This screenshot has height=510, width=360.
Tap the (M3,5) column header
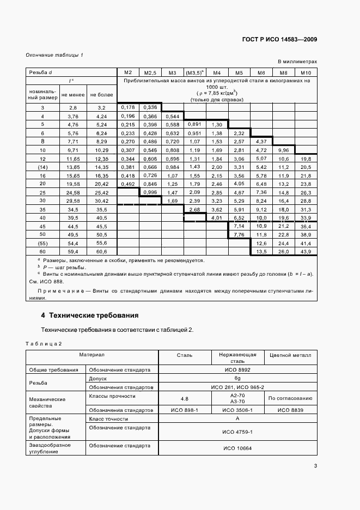click(x=194, y=72)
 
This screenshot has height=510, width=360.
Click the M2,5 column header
click(x=150, y=72)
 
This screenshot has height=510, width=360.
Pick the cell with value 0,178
click(x=129, y=107)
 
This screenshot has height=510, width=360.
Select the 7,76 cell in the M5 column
click(x=239, y=235)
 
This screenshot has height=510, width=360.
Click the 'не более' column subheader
click(x=101, y=95)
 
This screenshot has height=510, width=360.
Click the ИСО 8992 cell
click(x=237, y=369)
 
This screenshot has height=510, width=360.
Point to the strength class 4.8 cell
click(x=184, y=398)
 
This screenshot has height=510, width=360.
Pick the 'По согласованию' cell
click(x=290, y=398)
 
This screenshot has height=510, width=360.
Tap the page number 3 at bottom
click(x=316, y=465)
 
